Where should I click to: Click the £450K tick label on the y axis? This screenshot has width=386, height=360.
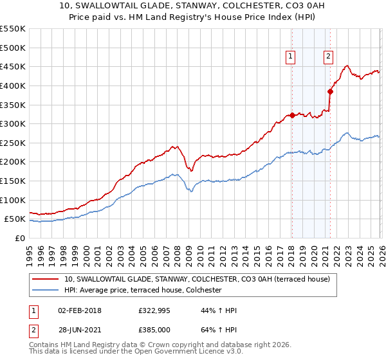[13, 67]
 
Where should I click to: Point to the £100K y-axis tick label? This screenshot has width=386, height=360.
[13, 200]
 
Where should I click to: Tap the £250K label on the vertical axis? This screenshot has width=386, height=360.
[13, 143]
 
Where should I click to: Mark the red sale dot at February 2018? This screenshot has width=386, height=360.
[292, 115]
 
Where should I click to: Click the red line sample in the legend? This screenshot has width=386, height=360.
[46, 279]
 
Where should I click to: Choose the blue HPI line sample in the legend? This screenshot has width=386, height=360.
[46, 291]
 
